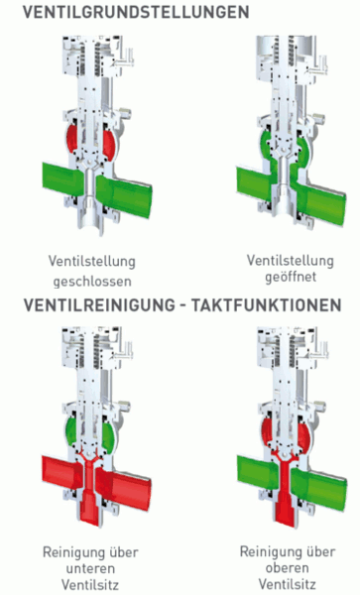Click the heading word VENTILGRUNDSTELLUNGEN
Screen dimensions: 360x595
pos(136,12)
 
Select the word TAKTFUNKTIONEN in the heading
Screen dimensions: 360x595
pos(266,305)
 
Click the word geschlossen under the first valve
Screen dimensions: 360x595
pos(92,282)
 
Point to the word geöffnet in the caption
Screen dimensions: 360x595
pos(291,277)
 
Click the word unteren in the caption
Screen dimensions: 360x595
pos(90,568)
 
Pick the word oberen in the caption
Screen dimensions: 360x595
pos(288,567)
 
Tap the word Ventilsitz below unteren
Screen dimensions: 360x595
pos(90,584)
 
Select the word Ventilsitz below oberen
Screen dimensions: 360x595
pos(288,583)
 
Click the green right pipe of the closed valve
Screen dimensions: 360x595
pos(124,196)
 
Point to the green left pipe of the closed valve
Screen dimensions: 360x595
pos(62,178)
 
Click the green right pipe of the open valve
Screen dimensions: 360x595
pos(320,203)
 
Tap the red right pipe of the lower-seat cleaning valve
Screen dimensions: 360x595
pos(124,489)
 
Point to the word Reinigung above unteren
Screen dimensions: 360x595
pos(90,552)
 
